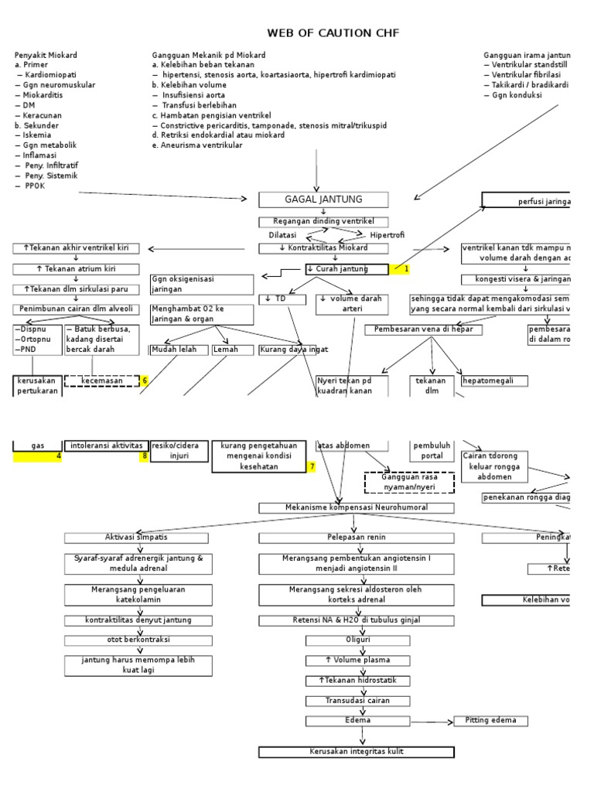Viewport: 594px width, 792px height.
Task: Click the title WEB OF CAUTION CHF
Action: pos(333,32)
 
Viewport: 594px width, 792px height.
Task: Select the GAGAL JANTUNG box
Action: pos(323,200)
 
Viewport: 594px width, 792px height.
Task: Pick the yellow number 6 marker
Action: pos(144,381)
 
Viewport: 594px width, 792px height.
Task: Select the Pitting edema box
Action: pos(490,721)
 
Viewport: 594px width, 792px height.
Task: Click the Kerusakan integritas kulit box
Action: pos(357,752)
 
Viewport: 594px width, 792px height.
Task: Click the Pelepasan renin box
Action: pos(357,538)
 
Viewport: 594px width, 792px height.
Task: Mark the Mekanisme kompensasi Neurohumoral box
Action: pos(357,507)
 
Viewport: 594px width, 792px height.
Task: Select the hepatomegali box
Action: pos(494,381)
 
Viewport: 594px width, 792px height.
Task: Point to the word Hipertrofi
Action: pos(387,235)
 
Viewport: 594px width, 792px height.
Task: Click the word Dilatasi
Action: pos(282,235)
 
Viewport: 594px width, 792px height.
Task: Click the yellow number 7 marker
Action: pos(312,467)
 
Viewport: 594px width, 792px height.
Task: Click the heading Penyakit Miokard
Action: pos(46,56)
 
